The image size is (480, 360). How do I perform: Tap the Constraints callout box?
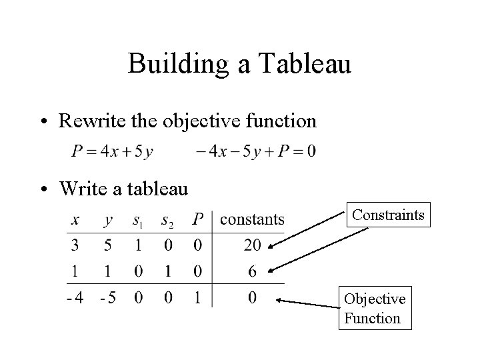pos(388,215)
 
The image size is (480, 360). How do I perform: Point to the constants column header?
pos(252,219)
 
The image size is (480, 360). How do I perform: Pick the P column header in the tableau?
pos(197,219)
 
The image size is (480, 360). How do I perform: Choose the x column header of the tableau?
pos(75,219)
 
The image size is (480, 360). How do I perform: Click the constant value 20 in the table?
pos(252,245)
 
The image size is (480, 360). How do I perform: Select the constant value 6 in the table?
pos(252,271)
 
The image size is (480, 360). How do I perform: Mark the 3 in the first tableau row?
pos(75,245)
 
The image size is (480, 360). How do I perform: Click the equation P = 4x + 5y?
pos(112,151)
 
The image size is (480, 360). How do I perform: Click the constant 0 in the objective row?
pos(252,297)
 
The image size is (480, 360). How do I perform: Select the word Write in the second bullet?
pos(77,189)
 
